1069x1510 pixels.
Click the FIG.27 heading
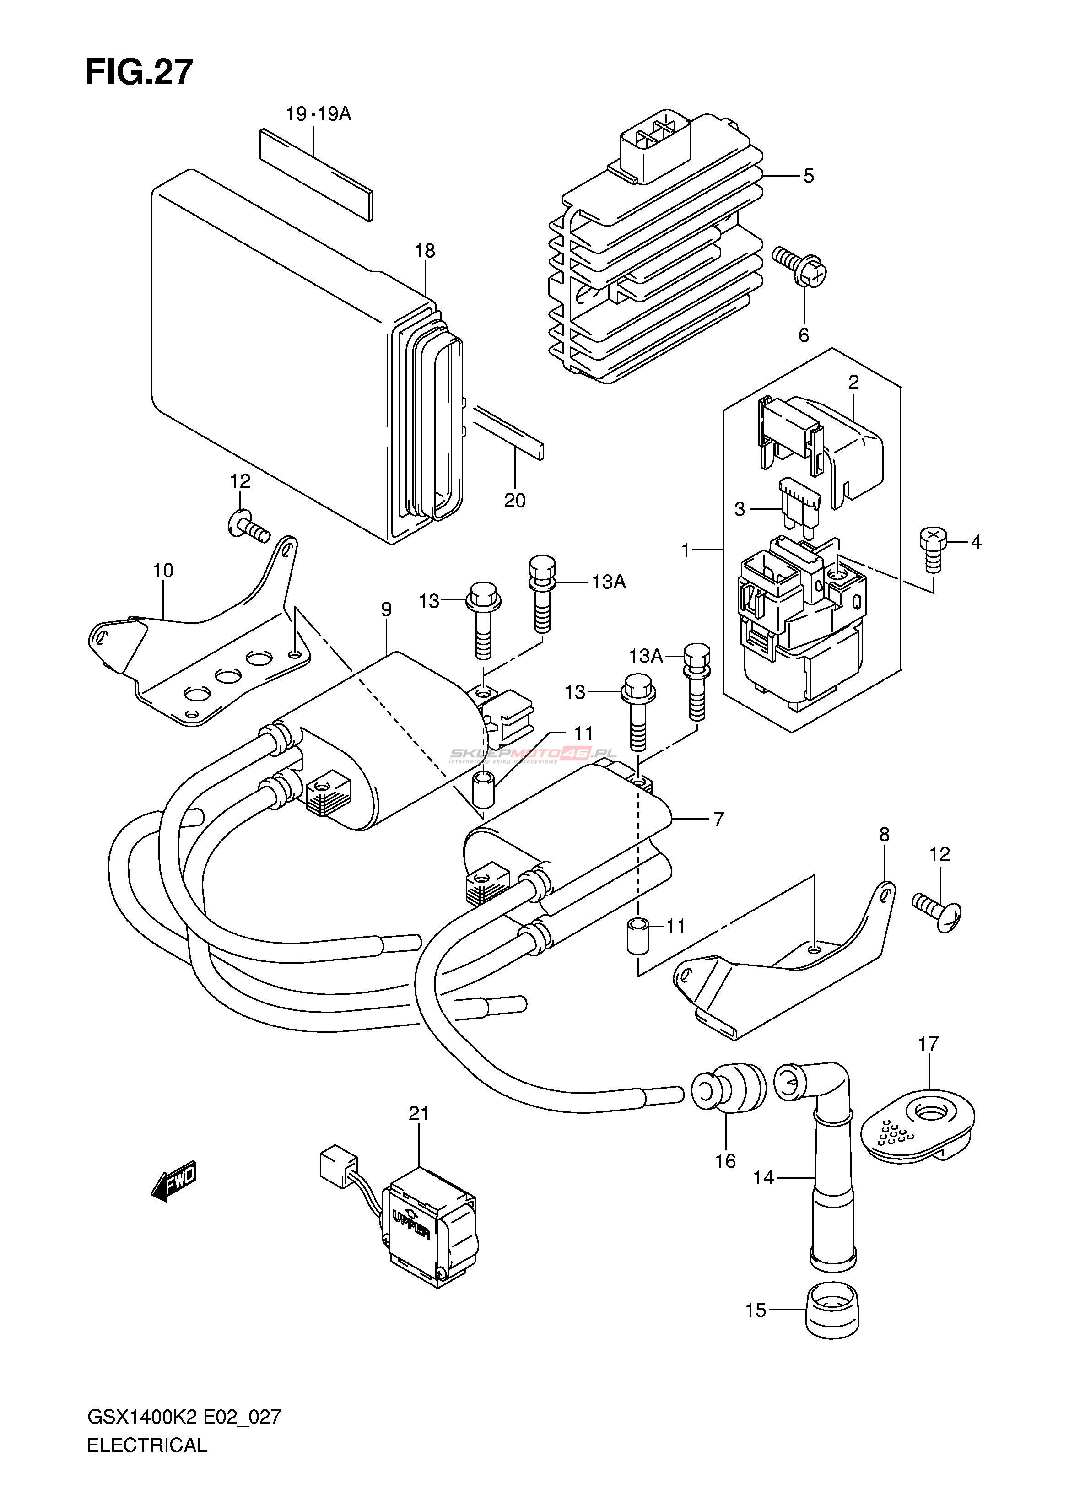click(x=139, y=72)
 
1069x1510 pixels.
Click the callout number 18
click(x=425, y=251)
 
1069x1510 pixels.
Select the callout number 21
click(x=419, y=1114)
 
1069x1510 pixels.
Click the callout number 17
click(x=928, y=1044)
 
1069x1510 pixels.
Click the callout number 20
click(x=515, y=500)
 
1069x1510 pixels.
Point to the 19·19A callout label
click(x=318, y=114)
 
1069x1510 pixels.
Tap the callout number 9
click(x=386, y=609)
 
